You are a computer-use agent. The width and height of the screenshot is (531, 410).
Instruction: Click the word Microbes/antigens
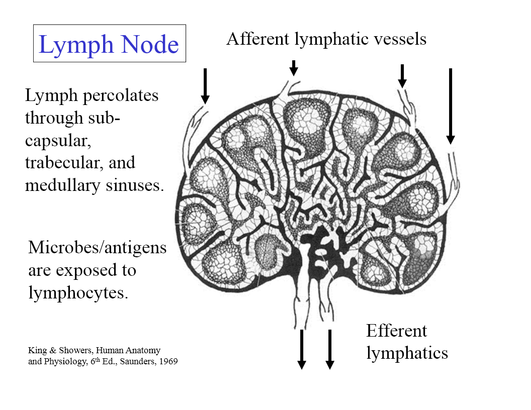(97, 248)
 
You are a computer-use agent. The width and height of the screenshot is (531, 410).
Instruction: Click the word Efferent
(396, 331)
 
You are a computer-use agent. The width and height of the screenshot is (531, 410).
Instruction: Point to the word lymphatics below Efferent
(407, 353)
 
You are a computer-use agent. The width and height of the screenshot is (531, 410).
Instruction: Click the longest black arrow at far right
(451, 106)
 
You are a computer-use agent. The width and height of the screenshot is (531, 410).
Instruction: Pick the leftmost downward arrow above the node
(205, 85)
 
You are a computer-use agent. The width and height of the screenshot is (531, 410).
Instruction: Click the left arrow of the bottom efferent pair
(302, 349)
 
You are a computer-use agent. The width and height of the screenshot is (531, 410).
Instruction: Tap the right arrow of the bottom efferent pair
(330, 349)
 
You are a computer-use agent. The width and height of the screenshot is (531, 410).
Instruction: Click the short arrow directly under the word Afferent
(294, 68)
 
